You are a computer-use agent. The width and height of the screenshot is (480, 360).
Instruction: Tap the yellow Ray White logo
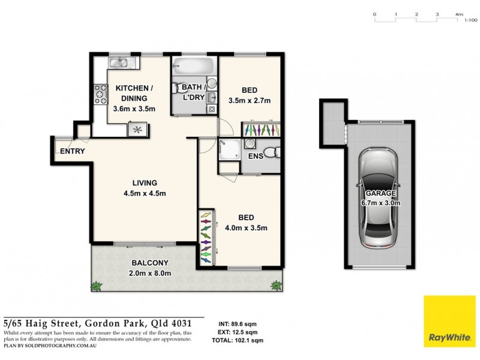pos(450,321)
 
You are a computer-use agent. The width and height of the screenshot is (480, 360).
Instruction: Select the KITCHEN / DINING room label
pos(134,94)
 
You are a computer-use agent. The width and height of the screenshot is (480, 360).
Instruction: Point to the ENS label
pos(256,156)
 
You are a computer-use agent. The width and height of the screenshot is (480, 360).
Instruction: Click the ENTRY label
pos(72,151)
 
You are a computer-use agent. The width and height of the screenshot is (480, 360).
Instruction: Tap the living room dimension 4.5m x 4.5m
pos(144,193)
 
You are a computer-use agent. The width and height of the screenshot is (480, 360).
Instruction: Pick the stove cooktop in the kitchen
pos(99,93)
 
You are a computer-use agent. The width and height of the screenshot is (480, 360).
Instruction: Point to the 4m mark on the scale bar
pos(459,14)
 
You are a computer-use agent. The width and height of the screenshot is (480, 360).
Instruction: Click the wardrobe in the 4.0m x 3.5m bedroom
pos(205,237)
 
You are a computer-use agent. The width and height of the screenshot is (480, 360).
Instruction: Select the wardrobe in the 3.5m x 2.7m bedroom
pos(261,130)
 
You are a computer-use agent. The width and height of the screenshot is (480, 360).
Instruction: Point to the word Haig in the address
pos(49,323)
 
